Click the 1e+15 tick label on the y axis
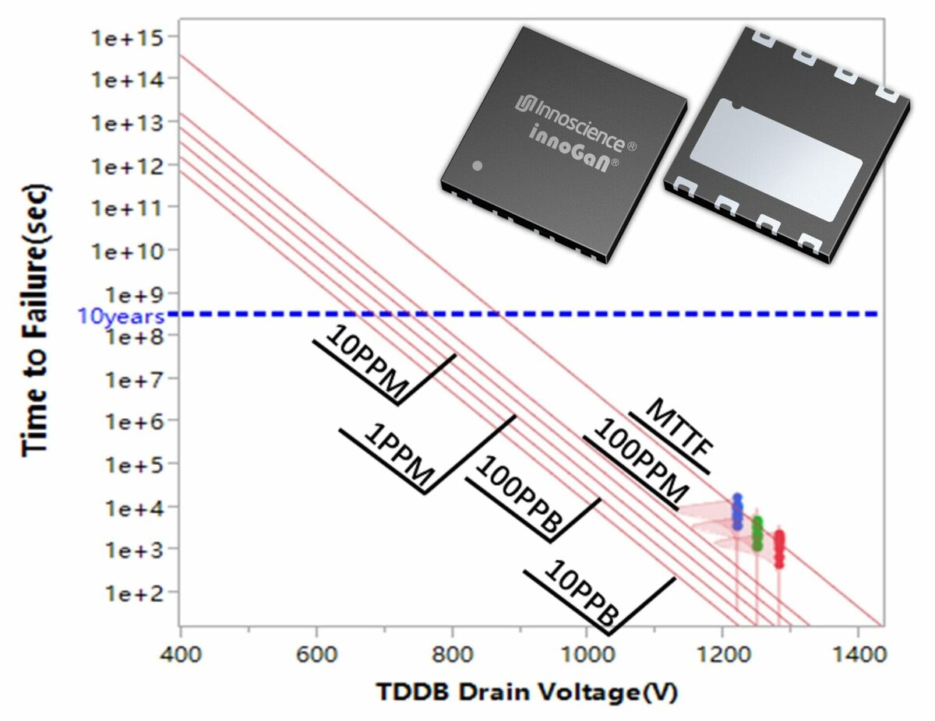[x=127, y=38]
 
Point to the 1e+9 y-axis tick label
[x=135, y=295]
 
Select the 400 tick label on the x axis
[x=181, y=654]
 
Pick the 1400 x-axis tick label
[x=859, y=654]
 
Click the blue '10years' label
[x=122, y=317]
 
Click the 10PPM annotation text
[x=367, y=362]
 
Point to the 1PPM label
[x=399, y=455]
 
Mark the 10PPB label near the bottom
[x=582, y=593]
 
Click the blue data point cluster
[x=737, y=512]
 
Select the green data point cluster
[x=757, y=533]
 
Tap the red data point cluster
[x=779, y=550]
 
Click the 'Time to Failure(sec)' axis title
[x=35, y=320]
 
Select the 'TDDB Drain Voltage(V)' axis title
[x=527, y=692]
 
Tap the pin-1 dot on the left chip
[x=477, y=166]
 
